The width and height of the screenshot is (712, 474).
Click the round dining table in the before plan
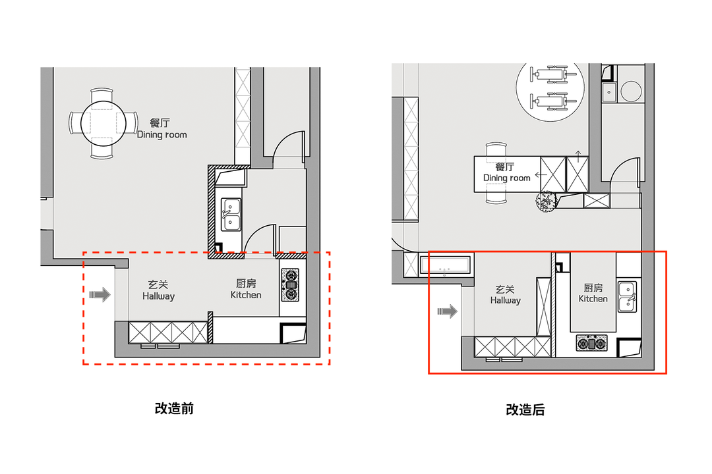pyautogui.click(x=104, y=123)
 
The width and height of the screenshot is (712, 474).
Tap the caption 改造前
pyautogui.click(x=174, y=408)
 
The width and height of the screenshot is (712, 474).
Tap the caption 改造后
pyautogui.click(x=525, y=409)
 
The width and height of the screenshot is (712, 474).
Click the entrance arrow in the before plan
pyautogui.click(x=100, y=295)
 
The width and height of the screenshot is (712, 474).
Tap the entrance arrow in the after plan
pyautogui.click(x=447, y=311)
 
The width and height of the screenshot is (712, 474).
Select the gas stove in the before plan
pyautogui.click(x=291, y=285)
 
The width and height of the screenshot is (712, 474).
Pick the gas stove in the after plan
pyautogui.click(x=591, y=344)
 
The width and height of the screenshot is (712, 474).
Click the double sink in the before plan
pyautogui.click(x=231, y=215)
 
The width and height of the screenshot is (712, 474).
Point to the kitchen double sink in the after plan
pyautogui.click(x=628, y=297)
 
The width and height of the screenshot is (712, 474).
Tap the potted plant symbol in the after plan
pyautogui.click(x=547, y=202)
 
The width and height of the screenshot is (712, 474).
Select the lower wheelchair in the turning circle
pyautogui.click(x=550, y=101)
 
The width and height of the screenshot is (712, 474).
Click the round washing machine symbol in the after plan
pyautogui.click(x=631, y=91)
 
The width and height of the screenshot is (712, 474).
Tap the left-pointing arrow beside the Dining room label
pyautogui.click(x=541, y=174)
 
